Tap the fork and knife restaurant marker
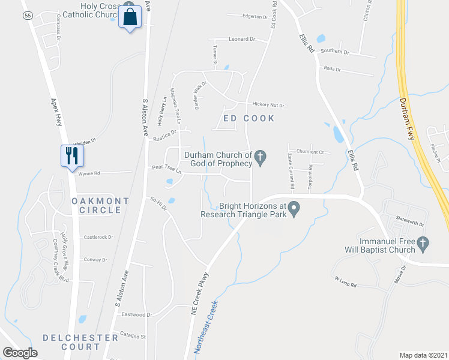click(71, 155)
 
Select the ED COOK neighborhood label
click(249, 118)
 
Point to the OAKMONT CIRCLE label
click(100, 205)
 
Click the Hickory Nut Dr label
click(268, 105)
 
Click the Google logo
click(20, 353)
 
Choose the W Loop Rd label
click(346, 280)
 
